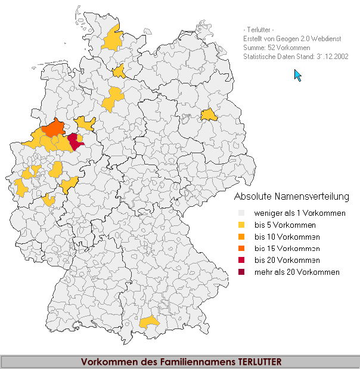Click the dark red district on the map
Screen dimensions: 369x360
[x=75, y=141]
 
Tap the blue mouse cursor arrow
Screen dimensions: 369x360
[x=297, y=75]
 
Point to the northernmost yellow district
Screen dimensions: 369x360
[x=112, y=39]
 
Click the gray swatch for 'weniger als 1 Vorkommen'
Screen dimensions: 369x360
[x=241, y=213]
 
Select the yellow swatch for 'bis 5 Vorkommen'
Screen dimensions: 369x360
[x=241, y=225]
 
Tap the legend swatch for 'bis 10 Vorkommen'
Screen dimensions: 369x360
[x=241, y=237]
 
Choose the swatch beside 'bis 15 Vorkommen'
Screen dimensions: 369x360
[x=241, y=249]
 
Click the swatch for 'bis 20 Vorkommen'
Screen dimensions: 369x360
[x=241, y=261]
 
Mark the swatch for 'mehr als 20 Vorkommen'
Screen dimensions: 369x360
[x=241, y=272]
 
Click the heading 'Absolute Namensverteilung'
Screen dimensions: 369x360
[x=291, y=196]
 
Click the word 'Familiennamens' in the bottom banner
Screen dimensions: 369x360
[x=201, y=361]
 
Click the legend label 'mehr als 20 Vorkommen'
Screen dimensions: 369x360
[x=297, y=272]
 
